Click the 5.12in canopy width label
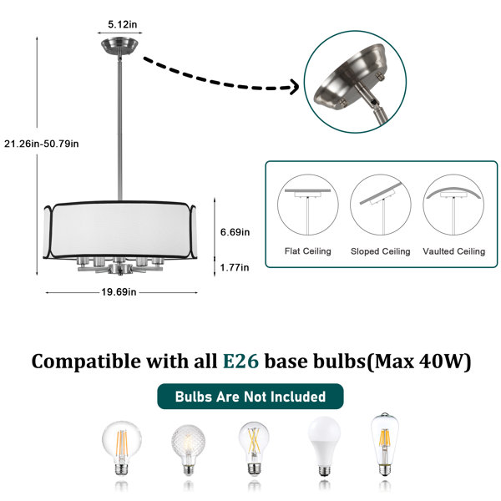(x=123, y=24)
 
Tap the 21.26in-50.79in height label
(x=42, y=144)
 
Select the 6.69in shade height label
(x=235, y=232)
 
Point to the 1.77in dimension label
(x=235, y=267)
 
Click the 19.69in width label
(x=119, y=292)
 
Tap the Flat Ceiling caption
(x=307, y=251)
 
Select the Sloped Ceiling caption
(x=380, y=251)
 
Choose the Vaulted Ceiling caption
(x=453, y=251)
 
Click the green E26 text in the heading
(x=240, y=362)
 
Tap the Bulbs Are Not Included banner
(x=250, y=397)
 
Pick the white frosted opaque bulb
(x=324, y=446)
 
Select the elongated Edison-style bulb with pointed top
(x=385, y=444)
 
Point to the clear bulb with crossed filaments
(x=254, y=448)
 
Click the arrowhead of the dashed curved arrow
(x=294, y=87)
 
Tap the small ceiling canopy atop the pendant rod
(x=119, y=47)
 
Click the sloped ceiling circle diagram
(x=380, y=205)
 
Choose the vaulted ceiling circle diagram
(x=453, y=205)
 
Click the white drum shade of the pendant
(x=119, y=230)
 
